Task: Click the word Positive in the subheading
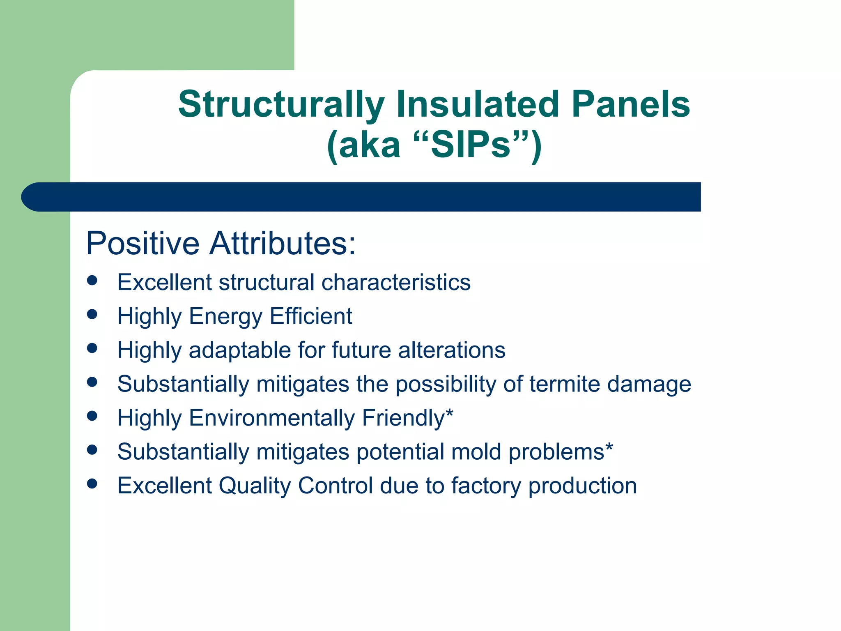click(x=142, y=244)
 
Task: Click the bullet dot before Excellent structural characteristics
click(x=92, y=281)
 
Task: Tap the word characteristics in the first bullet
click(x=396, y=283)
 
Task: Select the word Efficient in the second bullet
click(x=311, y=316)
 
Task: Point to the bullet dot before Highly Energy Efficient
click(x=92, y=315)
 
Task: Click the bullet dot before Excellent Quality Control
click(x=92, y=484)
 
